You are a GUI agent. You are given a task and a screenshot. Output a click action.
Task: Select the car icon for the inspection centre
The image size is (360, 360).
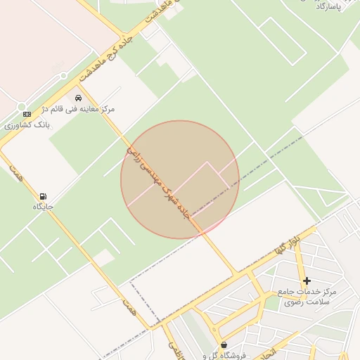[79, 98]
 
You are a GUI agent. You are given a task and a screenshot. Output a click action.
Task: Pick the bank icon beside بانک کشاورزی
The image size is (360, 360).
[27, 114]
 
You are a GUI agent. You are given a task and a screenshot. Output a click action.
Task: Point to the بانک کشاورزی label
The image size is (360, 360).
[25, 125]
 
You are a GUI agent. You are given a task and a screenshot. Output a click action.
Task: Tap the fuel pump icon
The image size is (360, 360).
[44, 196]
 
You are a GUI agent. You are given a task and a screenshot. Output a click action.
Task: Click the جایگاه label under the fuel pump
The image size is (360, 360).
[43, 207]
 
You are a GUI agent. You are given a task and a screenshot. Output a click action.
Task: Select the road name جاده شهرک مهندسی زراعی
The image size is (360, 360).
[158, 183]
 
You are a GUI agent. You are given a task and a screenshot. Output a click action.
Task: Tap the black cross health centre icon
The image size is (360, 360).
[307, 281]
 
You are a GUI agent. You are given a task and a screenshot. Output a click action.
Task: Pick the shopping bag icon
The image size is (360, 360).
[224, 345]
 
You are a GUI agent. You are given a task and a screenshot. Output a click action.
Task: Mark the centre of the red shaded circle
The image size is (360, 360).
[180, 180]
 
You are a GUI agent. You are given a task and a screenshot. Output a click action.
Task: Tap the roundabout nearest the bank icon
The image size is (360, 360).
[63, 76]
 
